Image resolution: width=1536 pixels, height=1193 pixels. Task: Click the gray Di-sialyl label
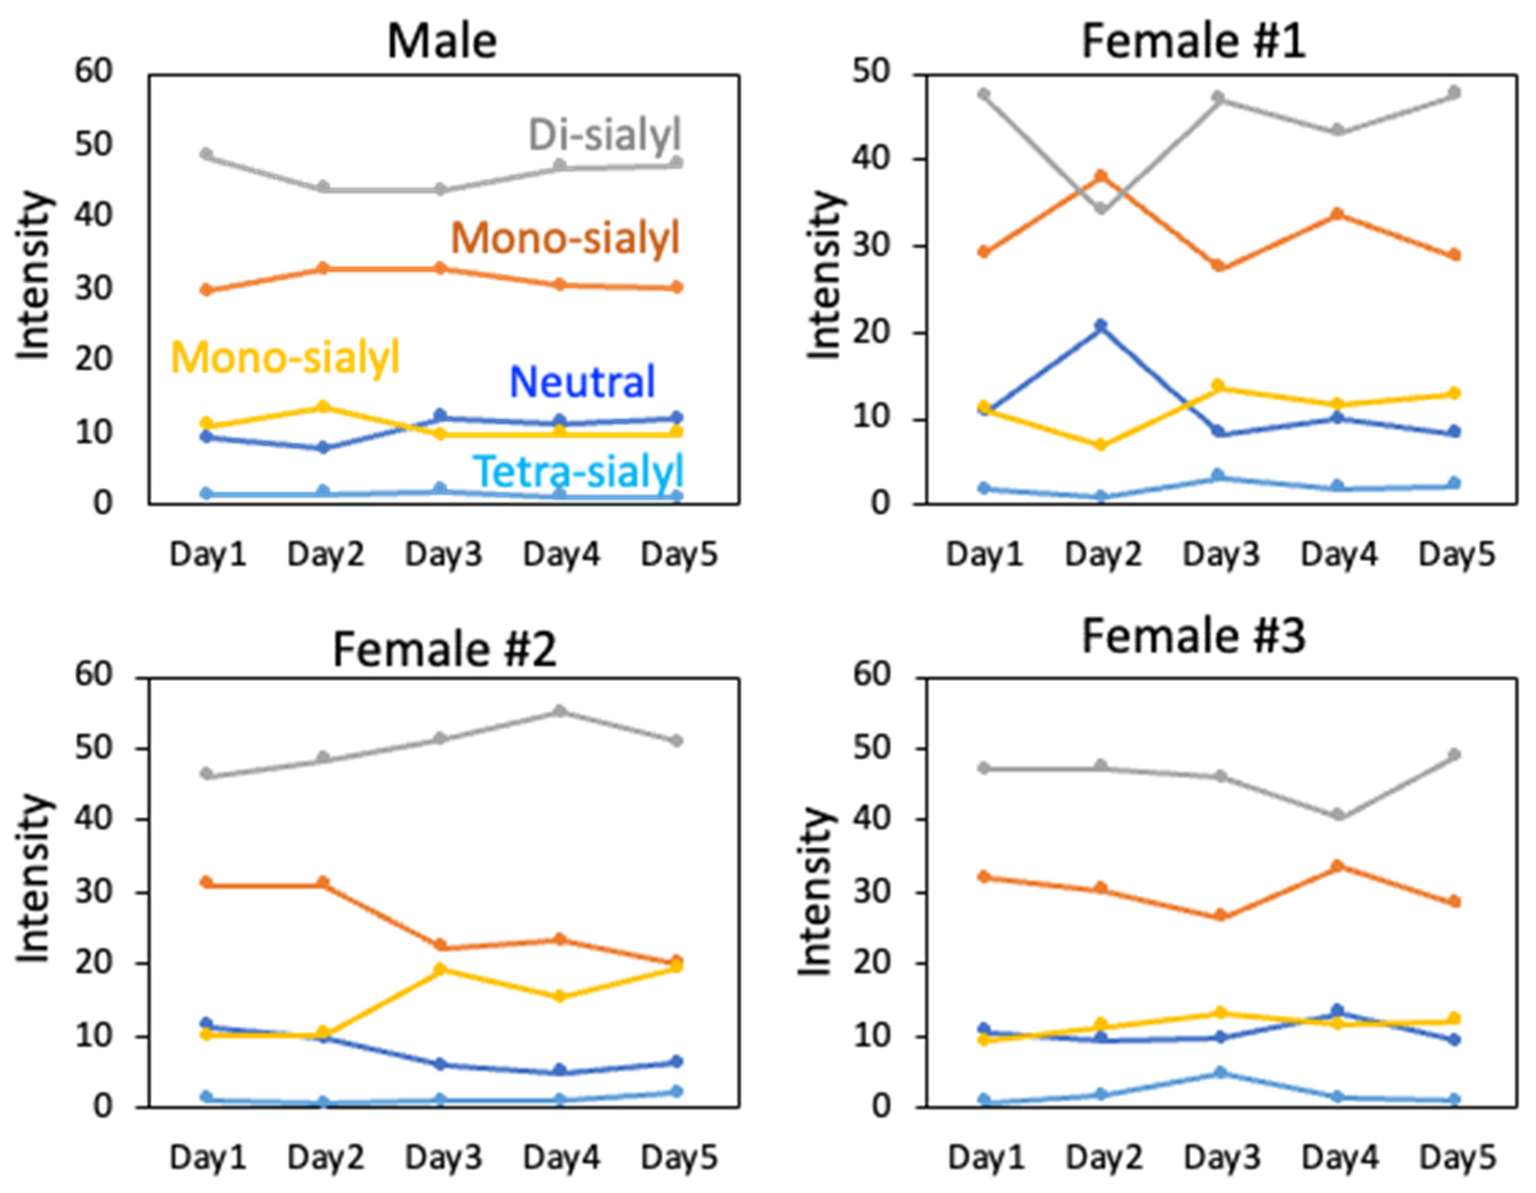tap(605, 134)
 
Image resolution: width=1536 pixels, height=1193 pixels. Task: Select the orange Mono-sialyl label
tap(565, 238)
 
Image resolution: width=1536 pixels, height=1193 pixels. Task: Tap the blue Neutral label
tap(582, 382)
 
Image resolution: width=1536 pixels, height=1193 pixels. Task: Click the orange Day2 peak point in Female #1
tap(1101, 176)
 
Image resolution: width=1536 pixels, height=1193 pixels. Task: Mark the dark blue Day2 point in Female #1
tap(1101, 326)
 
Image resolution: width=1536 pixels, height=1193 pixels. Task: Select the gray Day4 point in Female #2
tap(560, 711)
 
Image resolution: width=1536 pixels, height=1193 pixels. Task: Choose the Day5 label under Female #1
tap(1456, 555)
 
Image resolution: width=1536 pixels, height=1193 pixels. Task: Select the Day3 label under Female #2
tap(443, 1157)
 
